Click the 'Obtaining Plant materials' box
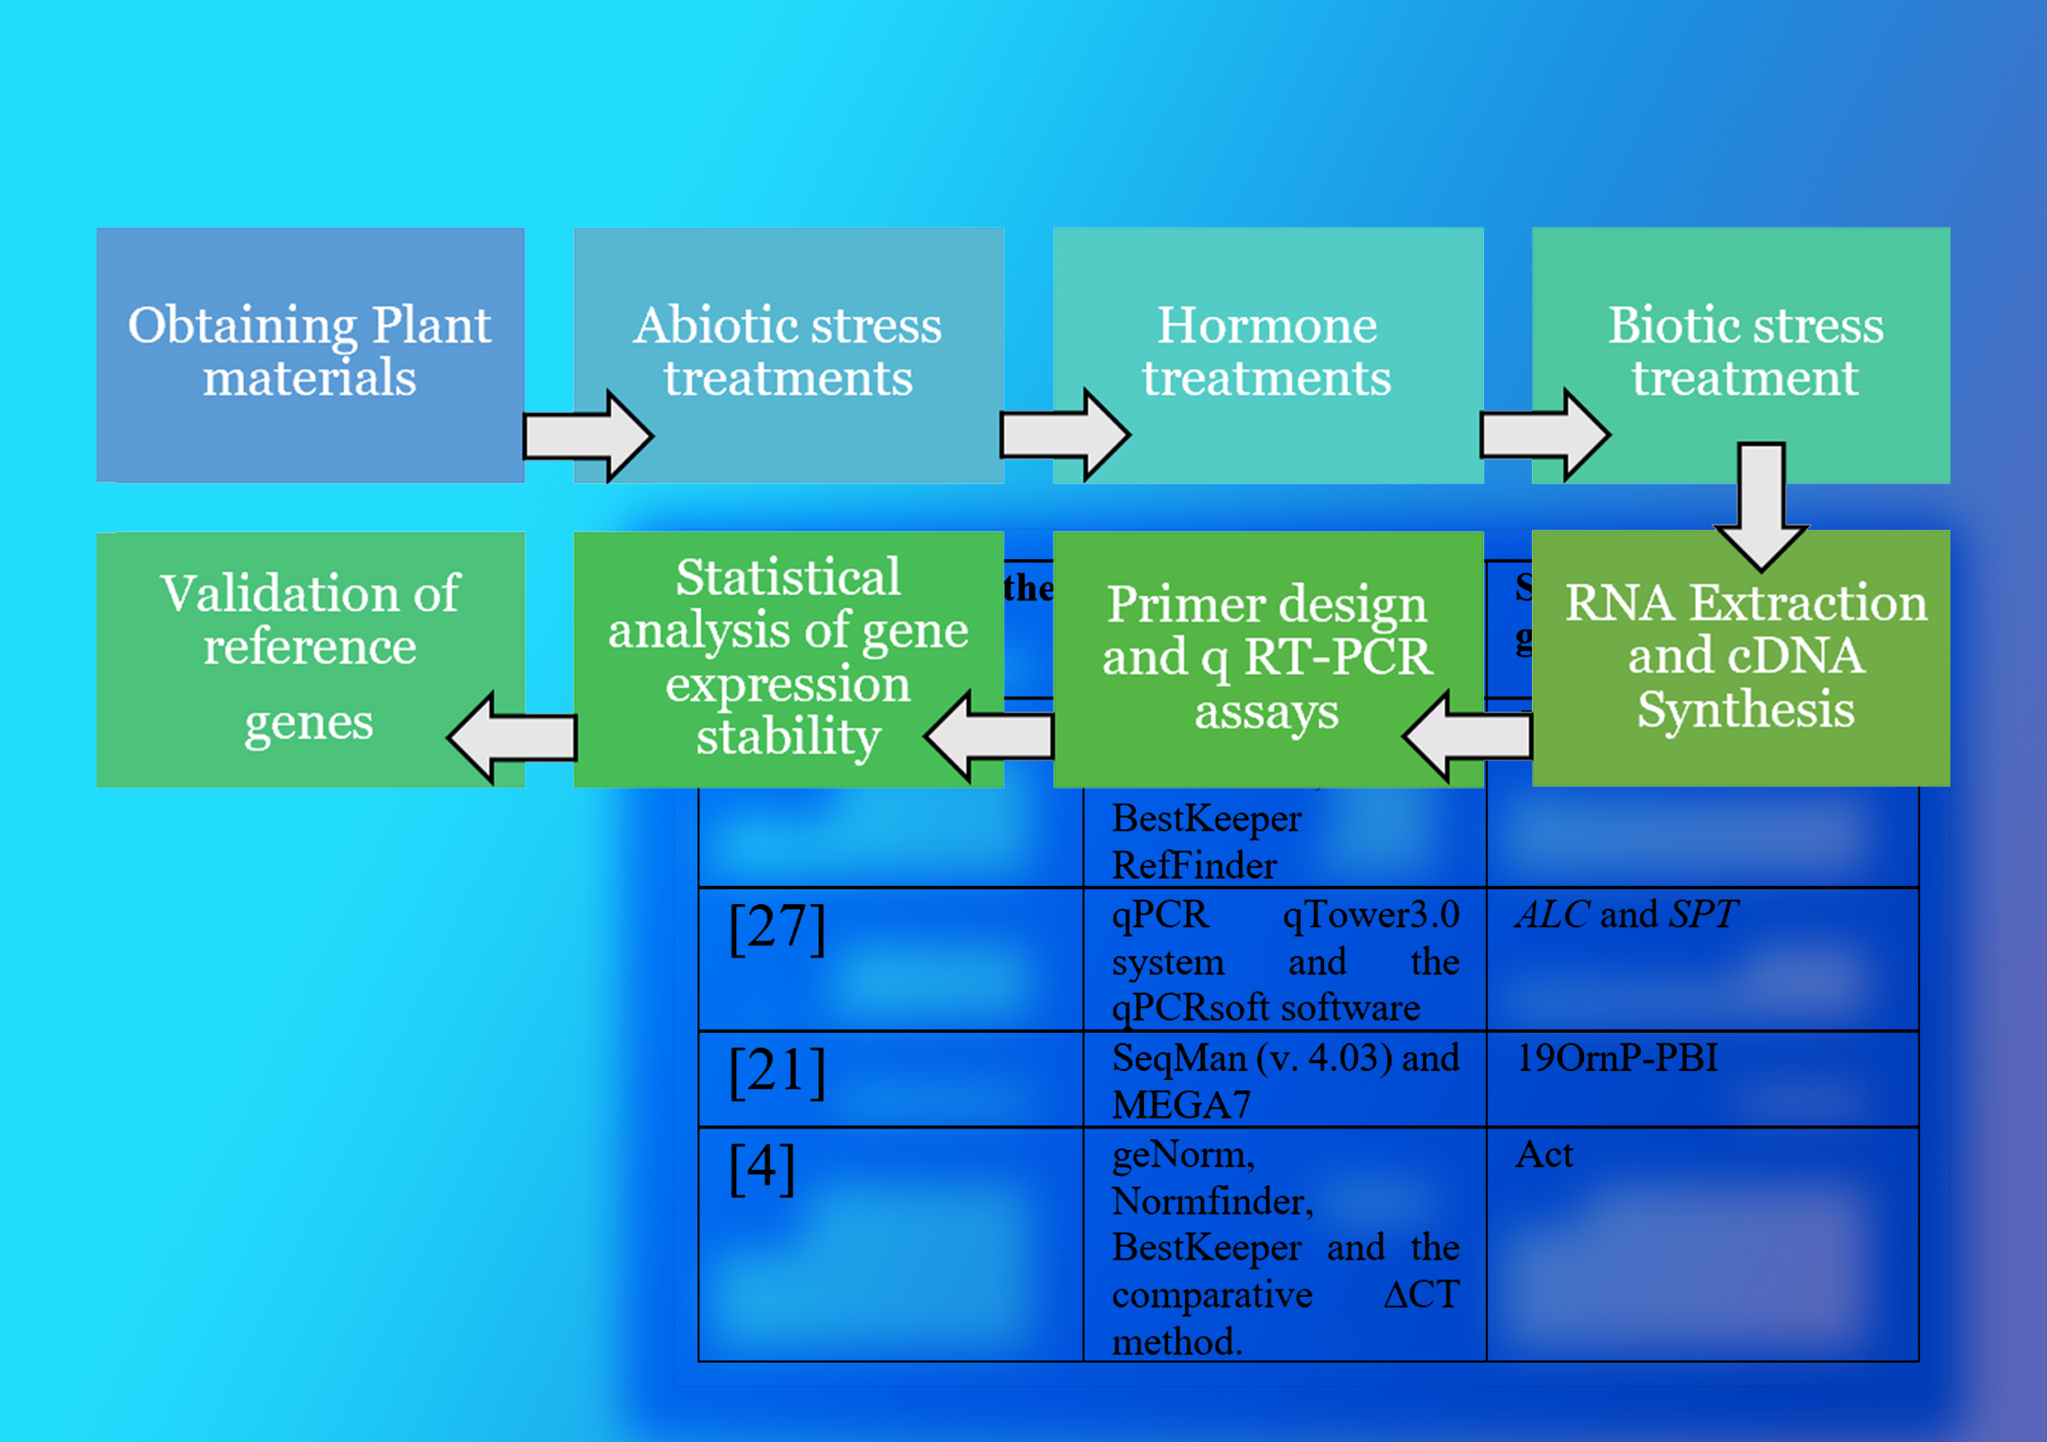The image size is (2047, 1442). click(x=310, y=354)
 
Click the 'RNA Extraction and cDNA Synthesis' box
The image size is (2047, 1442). click(x=1745, y=657)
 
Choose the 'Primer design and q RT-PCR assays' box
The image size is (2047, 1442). click(x=1267, y=657)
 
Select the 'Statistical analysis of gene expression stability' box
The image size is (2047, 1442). click(x=788, y=657)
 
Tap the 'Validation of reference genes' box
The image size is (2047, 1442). click(x=310, y=657)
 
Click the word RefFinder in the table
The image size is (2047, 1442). click(x=1194, y=865)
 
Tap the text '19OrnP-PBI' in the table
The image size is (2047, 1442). click(x=1617, y=1058)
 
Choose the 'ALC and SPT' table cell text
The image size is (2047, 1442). click(x=1626, y=914)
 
